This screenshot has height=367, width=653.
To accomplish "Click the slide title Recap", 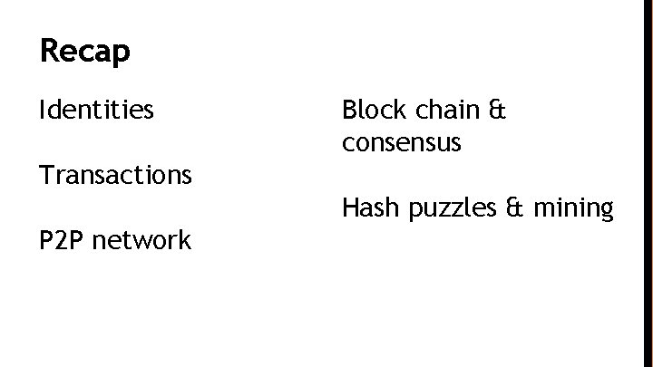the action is click(85, 51).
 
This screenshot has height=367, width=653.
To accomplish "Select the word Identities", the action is click(97, 111).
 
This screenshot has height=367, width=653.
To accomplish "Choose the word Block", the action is click(371, 111).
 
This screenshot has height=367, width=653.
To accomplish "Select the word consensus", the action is click(402, 142).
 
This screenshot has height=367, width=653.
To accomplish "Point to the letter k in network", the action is click(184, 240).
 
